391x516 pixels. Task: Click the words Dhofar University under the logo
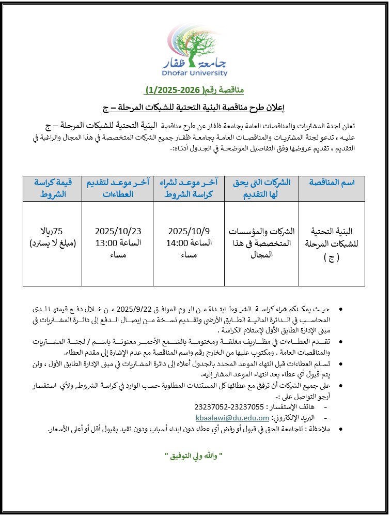(195, 73)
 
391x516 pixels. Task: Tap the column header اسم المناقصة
(332, 183)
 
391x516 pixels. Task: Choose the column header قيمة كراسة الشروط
(53, 188)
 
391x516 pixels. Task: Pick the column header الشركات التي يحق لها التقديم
(260, 188)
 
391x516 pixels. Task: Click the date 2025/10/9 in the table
(189, 231)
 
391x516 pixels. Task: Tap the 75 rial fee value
(53, 231)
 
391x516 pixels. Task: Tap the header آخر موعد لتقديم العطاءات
(117, 188)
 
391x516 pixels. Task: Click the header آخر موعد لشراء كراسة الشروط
(189, 188)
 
